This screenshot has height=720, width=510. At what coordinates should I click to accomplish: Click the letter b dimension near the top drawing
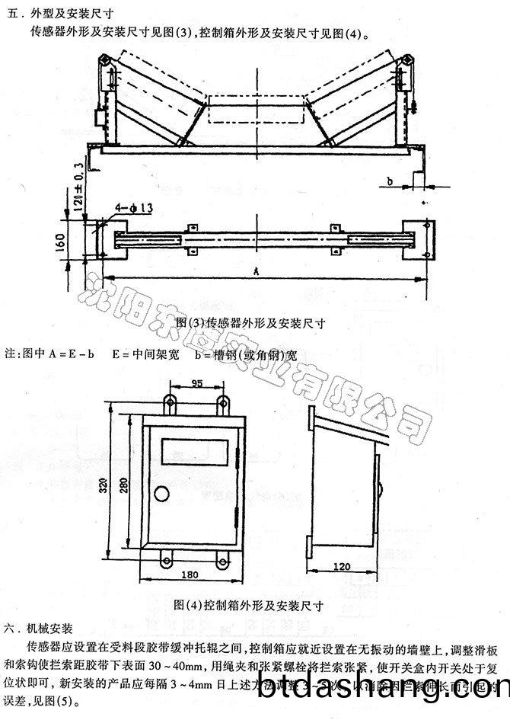389,181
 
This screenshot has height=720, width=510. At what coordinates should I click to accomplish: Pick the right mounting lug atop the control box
224,403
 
